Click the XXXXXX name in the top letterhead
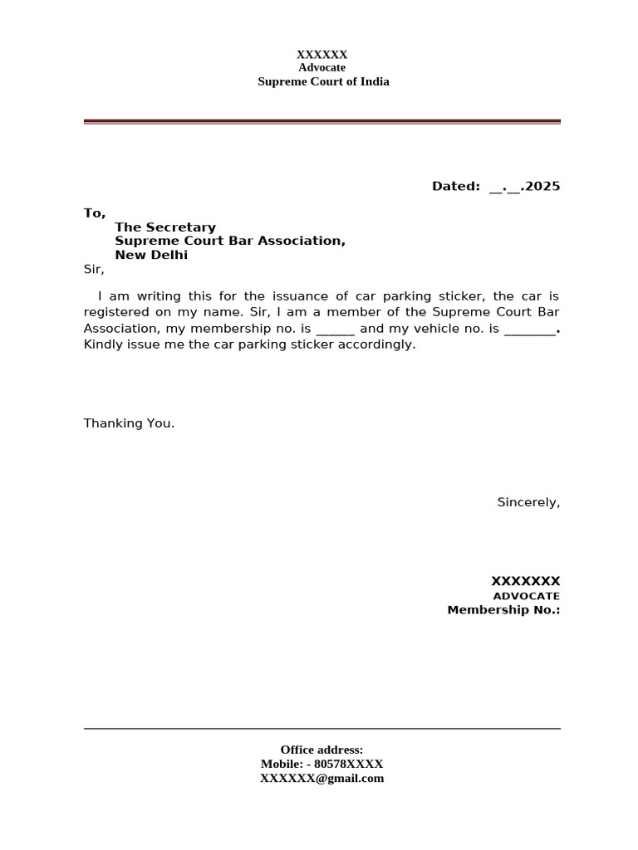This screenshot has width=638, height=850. tap(322, 55)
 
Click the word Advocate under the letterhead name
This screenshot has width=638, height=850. tap(322, 68)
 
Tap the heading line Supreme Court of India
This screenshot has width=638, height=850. tap(323, 81)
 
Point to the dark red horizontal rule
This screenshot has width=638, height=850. tap(322, 121)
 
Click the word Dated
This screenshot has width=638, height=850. tap(455, 187)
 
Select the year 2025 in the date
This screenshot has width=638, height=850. tap(542, 187)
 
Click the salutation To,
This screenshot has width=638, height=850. tap(95, 213)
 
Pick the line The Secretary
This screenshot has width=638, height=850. tap(165, 227)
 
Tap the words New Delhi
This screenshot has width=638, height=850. tap(151, 255)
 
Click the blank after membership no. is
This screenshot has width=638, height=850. tap(336, 330)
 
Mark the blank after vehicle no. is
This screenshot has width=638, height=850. tap(529, 330)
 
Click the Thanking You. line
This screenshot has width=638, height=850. tap(129, 423)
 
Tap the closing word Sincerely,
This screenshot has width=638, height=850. tap(528, 502)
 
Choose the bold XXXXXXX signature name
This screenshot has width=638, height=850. tap(525, 581)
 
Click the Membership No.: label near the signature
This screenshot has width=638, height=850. tap(503, 610)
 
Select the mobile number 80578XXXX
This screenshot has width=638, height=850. tap(348, 764)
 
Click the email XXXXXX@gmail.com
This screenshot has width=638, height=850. tap(322, 779)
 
